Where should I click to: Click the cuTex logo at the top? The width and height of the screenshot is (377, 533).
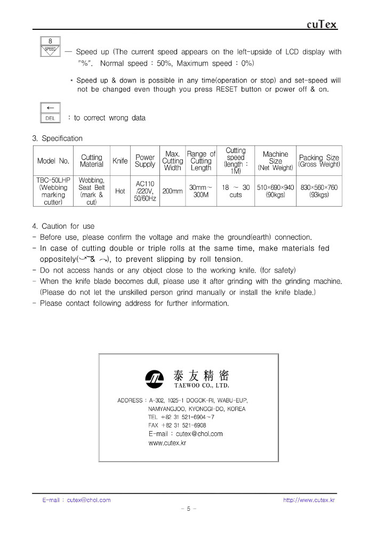pyautogui.click(x=322, y=25)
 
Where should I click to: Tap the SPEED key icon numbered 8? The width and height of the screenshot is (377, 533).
pyautogui.click(x=50, y=46)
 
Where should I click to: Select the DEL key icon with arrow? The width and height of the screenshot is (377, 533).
pyautogui.click(x=50, y=112)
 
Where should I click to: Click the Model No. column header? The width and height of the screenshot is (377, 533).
pyautogui.click(x=53, y=161)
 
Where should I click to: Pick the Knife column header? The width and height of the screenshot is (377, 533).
pyautogui.click(x=120, y=161)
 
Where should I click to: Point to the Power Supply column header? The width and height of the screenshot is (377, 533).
pyautogui.click(x=145, y=161)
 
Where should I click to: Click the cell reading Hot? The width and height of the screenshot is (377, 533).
pyautogui.click(x=120, y=191)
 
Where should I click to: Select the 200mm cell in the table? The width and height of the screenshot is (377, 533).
pyautogui.click(x=172, y=191)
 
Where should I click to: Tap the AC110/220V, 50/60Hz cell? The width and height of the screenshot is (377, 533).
pyautogui.click(x=145, y=191)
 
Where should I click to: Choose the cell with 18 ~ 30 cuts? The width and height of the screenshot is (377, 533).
pyautogui.click(x=236, y=191)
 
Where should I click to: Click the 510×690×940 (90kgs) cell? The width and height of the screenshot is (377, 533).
pyautogui.click(x=275, y=191)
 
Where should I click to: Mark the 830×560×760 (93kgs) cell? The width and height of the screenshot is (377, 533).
pyautogui.click(x=319, y=191)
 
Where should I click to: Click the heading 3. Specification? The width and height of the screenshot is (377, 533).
pyautogui.click(x=58, y=139)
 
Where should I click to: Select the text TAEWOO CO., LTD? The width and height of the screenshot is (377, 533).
pyautogui.click(x=202, y=385)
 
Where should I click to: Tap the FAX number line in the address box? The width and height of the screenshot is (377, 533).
pyautogui.click(x=177, y=425)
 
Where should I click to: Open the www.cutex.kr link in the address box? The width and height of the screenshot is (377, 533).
pyautogui.click(x=167, y=443)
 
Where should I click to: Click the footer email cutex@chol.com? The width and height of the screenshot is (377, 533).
pyautogui.click(x=77, y=500)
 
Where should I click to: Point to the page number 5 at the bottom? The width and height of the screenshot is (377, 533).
pyautogui.click(x=188, y=509)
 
